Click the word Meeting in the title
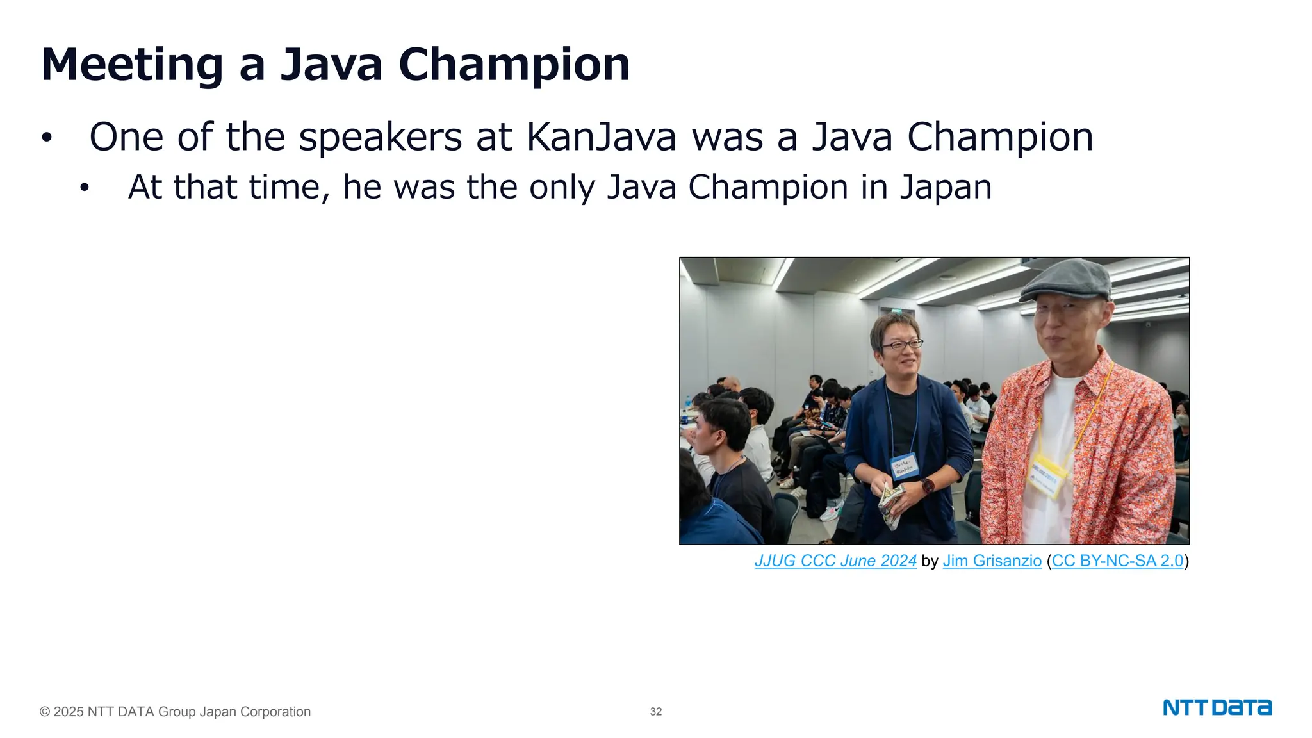point(131,65)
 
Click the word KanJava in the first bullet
point(601,137)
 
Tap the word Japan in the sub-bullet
point(946,187)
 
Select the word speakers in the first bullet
point(380,137)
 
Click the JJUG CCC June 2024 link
point(835,561)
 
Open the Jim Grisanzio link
point(992,561)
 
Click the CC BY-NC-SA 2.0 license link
point(1117,561)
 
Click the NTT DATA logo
point(1217,708)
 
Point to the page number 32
point(655,712)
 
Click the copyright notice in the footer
point(175,712)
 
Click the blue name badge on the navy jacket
point(905,466)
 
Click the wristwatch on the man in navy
point(927,486)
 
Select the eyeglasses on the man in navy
point(901,345)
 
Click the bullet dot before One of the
point(46,138)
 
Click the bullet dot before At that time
point(85,188)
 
